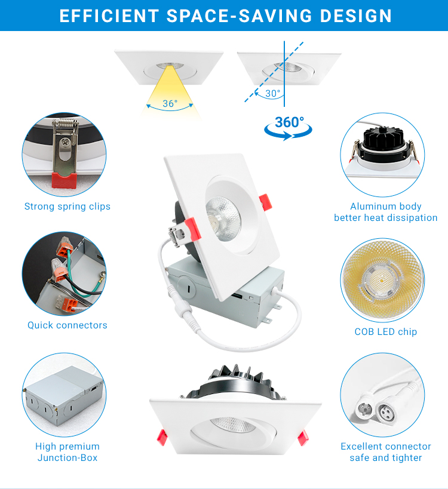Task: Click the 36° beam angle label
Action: [x=170, y=103]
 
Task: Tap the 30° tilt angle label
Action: [x=272, y=93]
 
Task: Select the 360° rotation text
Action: [x=289, y=122]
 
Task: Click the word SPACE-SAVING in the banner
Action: [x=240, y=16]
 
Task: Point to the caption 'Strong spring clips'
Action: [x=67, y=207]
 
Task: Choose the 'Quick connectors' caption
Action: [x=67, y=325]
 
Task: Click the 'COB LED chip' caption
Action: [x=386, y=331]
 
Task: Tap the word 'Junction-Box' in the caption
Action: [x=67, y=458]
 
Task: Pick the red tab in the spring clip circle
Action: [x=64, y=180]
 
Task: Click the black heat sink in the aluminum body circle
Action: [x=383, y=139]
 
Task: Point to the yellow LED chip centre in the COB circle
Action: [x=382, y=281]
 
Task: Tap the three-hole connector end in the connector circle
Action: [x=386, y=413]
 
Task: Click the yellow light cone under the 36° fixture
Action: [x=170, y=90]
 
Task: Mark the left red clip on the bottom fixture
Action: [x=162, y=437]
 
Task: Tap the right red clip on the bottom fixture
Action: [x=303, y=437]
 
